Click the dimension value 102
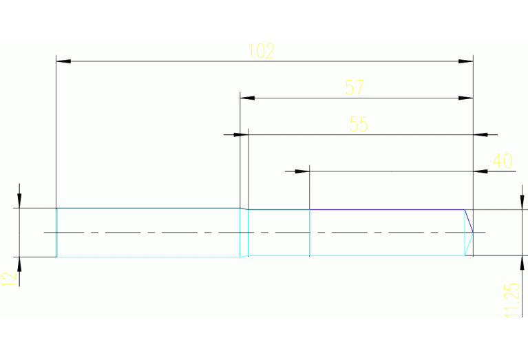pos(262,51)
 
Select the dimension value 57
pos(354,87)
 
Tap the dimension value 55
pos(359,124)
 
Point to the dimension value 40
pos(503,161)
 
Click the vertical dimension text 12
pos(8,278)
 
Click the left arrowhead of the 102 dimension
pos(63,61)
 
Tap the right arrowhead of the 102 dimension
pos(466,61)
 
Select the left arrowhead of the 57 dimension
pos(248,98)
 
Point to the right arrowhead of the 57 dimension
pos(466,98)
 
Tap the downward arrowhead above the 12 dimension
pos(20,200)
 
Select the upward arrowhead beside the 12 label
pos(20,264)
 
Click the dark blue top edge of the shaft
pos(386,209)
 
